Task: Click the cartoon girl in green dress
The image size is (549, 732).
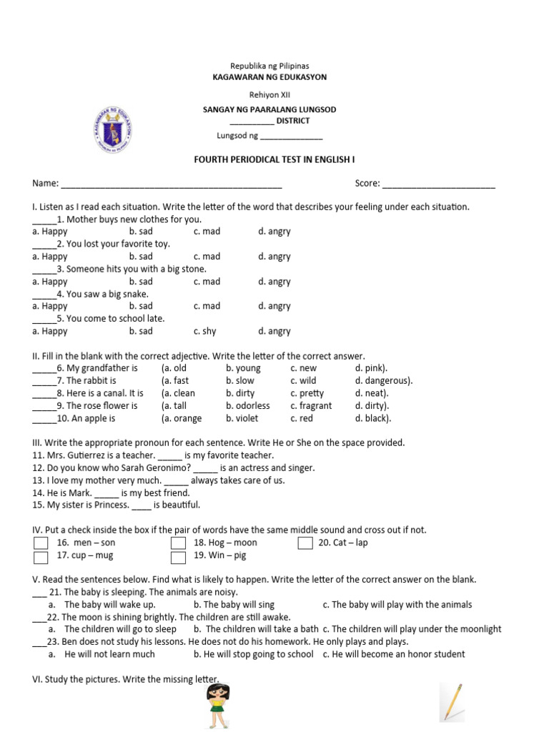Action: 217,705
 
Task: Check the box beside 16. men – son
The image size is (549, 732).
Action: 41,543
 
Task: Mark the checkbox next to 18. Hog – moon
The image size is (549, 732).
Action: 178,543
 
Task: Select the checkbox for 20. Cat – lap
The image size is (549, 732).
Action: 305,543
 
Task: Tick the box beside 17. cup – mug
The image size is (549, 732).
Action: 41,556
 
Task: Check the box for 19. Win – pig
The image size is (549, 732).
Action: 178,556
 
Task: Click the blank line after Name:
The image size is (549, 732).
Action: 172,184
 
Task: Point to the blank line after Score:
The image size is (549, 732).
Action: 438,184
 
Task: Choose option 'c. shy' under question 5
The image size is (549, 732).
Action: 204,332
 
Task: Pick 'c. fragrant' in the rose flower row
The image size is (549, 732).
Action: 311,406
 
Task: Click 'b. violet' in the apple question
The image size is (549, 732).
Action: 242,419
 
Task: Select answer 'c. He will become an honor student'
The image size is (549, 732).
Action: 394,654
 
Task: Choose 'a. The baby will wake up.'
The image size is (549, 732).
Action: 109,605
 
